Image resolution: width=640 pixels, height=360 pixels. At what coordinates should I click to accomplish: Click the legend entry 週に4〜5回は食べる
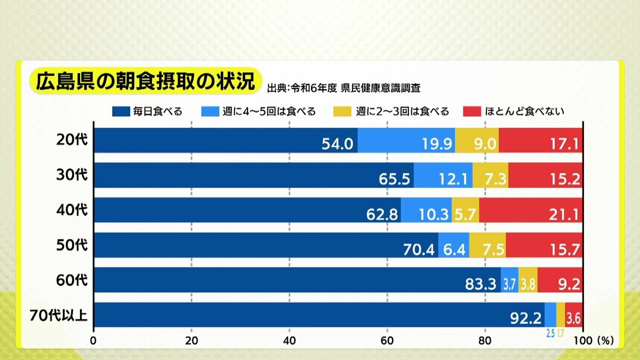259,111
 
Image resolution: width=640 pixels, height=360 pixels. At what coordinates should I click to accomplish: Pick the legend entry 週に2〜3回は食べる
391,111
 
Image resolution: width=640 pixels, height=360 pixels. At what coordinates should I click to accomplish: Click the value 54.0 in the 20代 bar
338,144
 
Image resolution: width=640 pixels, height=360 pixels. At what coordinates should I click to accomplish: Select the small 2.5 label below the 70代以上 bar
550,334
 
